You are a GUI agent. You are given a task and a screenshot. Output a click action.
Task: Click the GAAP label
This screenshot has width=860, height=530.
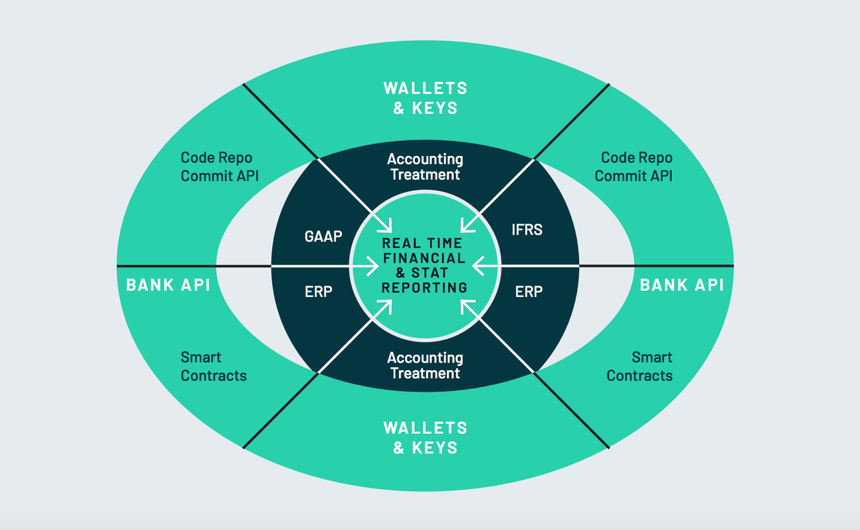click(x=323, y=236)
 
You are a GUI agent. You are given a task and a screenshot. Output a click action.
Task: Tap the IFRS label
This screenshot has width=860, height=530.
click(x=527, y=230)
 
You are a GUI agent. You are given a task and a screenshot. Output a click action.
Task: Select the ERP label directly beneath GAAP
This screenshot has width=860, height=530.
click(x=318, y=292)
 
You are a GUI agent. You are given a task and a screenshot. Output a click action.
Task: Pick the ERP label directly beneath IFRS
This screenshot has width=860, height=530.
click(x=529, y=292)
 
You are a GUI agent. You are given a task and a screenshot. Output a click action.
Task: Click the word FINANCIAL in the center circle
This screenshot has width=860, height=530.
click(x=425, y=258)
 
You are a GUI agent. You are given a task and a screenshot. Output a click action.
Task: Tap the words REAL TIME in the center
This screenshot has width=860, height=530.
click(x=422, y=243)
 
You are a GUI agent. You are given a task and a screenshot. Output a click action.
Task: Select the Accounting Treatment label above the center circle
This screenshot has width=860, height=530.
click(x=425, y=167)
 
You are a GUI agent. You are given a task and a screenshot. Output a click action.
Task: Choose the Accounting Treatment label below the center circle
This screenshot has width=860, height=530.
click(x=425, y=365)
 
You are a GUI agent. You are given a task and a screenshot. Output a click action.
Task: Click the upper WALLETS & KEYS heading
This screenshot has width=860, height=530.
click(x=425, y=97)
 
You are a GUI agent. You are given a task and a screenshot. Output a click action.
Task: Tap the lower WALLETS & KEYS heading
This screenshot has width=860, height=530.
click(x=425, y=437)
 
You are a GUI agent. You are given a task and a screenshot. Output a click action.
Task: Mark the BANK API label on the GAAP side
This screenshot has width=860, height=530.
click(x=168, y=285)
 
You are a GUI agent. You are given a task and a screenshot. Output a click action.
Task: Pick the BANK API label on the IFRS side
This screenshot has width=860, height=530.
click(x=681, y=285)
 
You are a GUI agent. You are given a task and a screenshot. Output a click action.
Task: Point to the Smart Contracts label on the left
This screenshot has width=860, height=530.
click(x=213, y=366)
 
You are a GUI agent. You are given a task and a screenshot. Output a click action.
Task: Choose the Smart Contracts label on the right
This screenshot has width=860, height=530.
click(x=639, y=366)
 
